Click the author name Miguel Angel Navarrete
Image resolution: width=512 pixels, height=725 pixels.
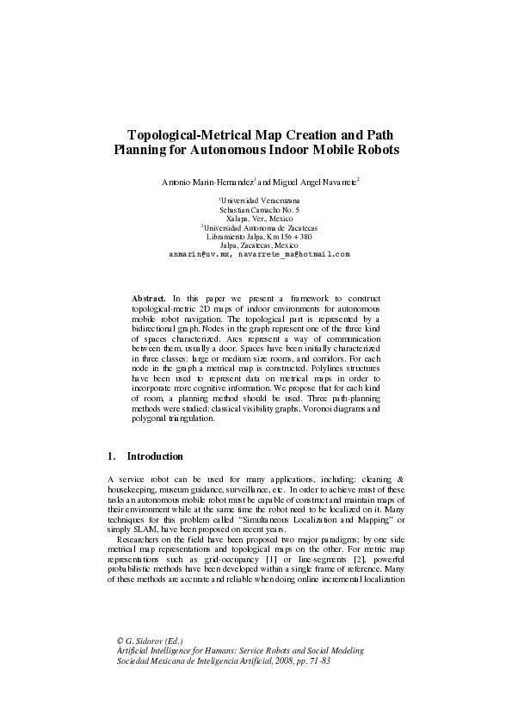coord(315,182)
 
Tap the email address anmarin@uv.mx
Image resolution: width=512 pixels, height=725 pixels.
coord(200,254)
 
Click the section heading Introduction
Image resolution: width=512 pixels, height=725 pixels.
coord(155,456)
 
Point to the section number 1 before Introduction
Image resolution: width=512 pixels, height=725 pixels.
coord(111,456)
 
